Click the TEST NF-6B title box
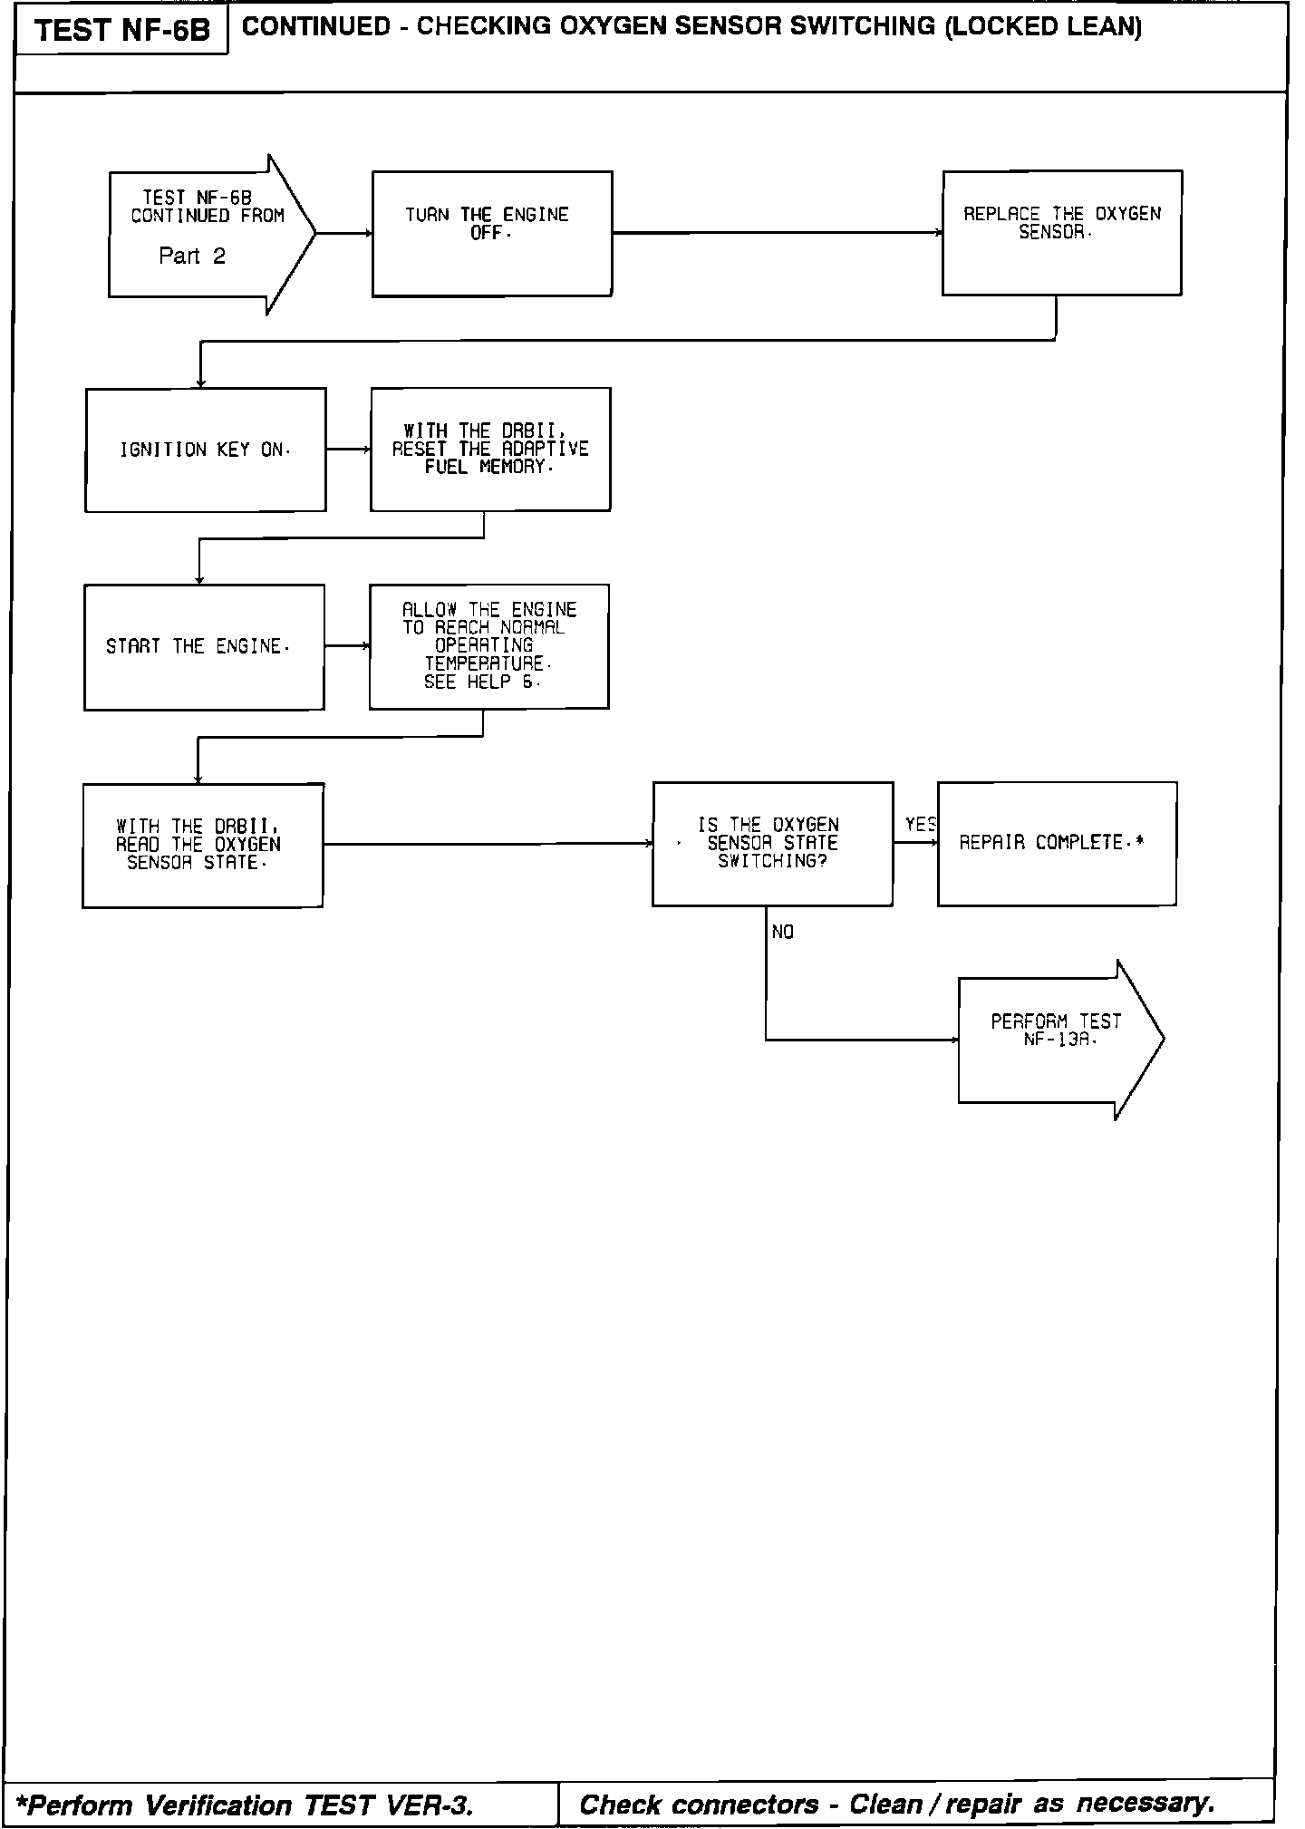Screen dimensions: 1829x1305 [121, 31]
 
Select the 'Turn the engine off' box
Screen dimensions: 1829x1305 [492, 234]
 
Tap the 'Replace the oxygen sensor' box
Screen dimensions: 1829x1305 [1061, 233]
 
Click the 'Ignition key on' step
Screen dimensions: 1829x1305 [206, 450]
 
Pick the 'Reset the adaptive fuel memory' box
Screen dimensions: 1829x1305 [490, 450]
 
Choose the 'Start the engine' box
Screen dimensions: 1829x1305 [204, 647]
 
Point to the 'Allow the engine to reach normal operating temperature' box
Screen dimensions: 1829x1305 [488, 646]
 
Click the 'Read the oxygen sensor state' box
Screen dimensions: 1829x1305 [202, 846]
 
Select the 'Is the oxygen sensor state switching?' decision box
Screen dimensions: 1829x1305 [772, 844]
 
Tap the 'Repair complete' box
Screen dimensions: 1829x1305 [1057, 844]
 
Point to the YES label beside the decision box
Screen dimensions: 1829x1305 [920, 825]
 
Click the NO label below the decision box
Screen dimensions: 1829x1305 [783, 933]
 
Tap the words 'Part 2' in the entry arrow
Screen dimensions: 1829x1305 [192, 256]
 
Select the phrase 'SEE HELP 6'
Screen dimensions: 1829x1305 [481, 682]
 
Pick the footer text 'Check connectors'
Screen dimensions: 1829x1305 [699, 1805]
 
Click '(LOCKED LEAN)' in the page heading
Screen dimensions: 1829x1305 [1042, 27]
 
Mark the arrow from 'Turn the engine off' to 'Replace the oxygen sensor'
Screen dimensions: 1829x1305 [777, 233]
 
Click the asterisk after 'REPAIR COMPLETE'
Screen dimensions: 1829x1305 [1139, 842]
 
